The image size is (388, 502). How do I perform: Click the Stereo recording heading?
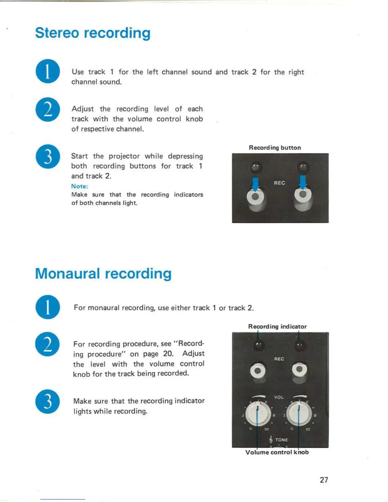[93, 33]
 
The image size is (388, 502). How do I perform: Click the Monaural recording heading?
[103, 274]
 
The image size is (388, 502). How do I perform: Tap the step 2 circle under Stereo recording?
[48, 110]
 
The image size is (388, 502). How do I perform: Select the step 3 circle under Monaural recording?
[48, 402]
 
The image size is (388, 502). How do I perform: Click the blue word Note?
[80, 186]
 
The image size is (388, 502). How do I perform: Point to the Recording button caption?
[275, 148]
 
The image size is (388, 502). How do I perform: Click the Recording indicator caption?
[277, 326]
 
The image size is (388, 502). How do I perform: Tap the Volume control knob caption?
[277, 452]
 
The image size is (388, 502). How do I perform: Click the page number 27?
[324, 480]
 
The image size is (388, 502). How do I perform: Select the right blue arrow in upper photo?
[303, 182]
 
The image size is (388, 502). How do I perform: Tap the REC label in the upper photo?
[279, 183]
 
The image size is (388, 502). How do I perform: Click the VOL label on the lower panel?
[279, 397]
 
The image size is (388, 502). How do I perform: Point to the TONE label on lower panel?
[281, 440]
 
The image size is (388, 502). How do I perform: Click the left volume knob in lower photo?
[258, 414]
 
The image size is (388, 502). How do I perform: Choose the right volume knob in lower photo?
[299, 414]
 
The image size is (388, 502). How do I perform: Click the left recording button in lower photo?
[258, 370]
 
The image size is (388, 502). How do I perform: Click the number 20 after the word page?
[168, 354]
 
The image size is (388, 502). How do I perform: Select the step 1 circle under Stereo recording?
[48, 71]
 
